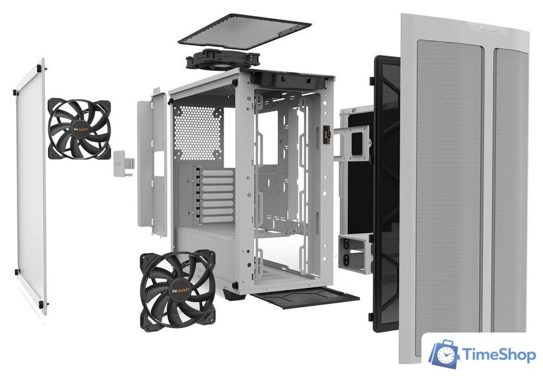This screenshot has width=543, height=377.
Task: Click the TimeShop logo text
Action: click(x=498, y=354)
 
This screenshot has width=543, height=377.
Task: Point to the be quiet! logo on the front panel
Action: click(x=494, y=27)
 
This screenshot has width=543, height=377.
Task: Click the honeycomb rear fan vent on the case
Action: click(x=198, y=132)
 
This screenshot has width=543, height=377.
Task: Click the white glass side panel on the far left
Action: click(x=30, y=187)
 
